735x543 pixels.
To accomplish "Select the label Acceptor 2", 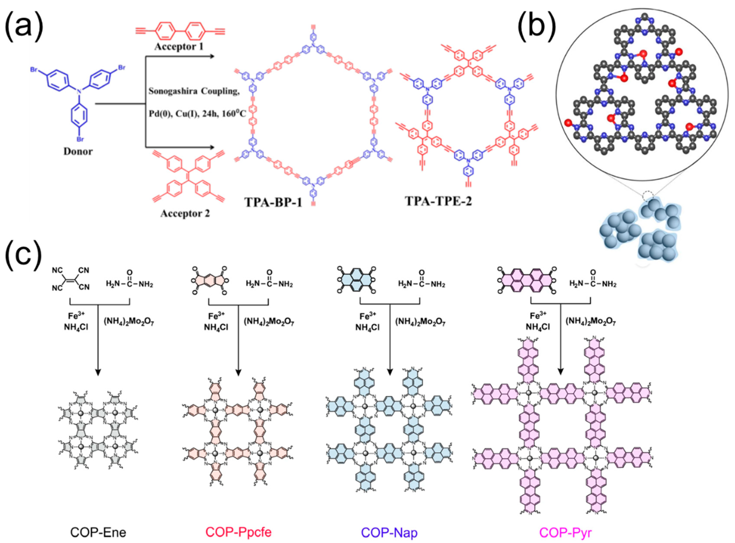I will tap(185, 214).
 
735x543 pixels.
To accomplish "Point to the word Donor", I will tap(78, 151).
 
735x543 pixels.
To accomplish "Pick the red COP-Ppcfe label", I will tap(238, 532).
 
